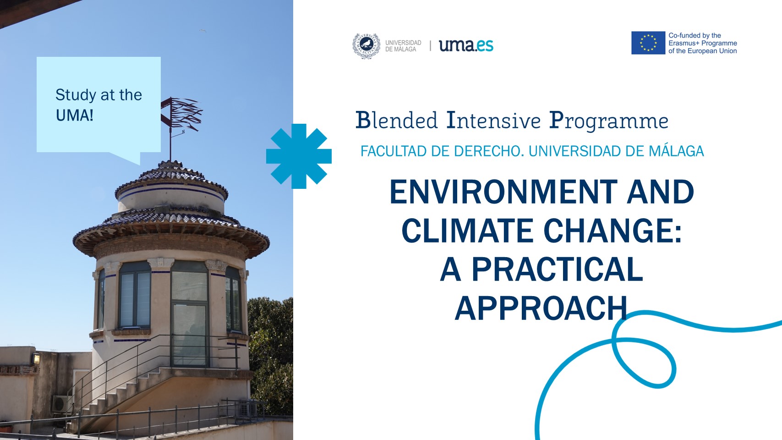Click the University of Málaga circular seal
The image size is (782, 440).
point(366,45)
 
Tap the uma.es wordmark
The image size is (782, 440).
point(466,45)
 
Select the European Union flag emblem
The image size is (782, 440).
point(648,43)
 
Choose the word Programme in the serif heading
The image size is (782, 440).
point(608,121)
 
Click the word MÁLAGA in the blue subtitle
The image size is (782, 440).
point(676,151)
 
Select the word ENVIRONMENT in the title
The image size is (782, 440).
point(503,192)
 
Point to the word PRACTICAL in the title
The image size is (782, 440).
point(557,269)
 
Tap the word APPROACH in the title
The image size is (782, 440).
point(541,308)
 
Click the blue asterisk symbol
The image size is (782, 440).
point(299,156)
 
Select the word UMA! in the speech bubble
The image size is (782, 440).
point(75,115)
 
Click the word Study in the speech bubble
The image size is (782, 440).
point(76,95)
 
